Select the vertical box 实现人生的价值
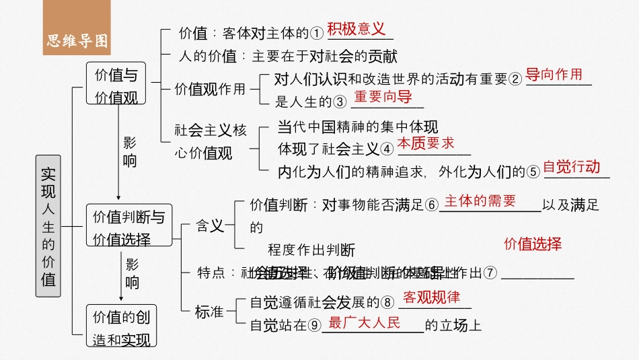click(x=48, y=226)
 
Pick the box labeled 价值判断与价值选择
click(x=128, y=227)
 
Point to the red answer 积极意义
click(x=356, y=29)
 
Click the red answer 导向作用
click(x=554, y=75)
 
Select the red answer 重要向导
click(x=383, y=97)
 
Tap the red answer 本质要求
click(x=425, y=143)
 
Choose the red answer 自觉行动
click(x=571, y=167)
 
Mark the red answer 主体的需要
click(x=480, y=201)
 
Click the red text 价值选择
click(x=532, y=244)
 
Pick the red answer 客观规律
click(x=431, y=297)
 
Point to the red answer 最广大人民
click(x=365, y=322)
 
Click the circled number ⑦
click(x=490, y=273)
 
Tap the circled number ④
click(x=387, y=149)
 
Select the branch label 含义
click(x=209, y=226)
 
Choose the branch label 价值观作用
click(x=210, y=89)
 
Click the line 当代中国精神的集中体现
click(x=357, y=127)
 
